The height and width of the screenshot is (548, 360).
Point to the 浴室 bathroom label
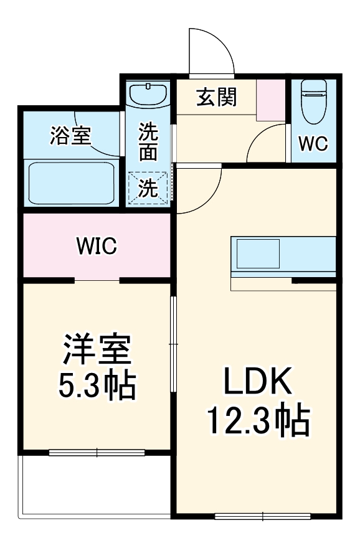pos(71,135)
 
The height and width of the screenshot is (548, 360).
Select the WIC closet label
pos(97,246)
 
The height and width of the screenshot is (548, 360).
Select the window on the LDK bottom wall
pos(262,516)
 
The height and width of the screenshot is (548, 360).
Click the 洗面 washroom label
pos(148,142)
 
